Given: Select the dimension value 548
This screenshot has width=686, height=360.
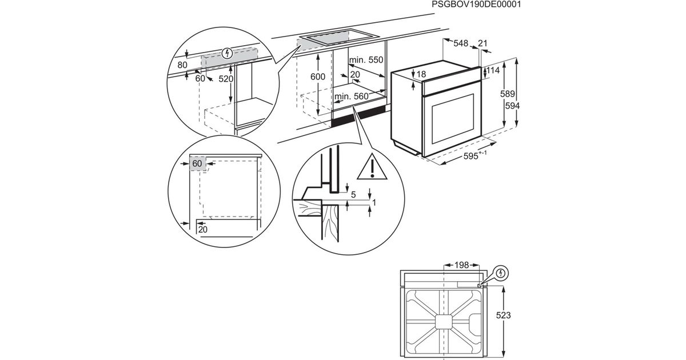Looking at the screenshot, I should (461, 43).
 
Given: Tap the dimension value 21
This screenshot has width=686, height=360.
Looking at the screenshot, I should (483, 43).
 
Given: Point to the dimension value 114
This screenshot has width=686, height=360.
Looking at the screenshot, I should (493, 70).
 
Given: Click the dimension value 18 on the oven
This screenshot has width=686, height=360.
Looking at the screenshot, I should (421, 74).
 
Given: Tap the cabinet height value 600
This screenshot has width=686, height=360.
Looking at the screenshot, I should (318, 77).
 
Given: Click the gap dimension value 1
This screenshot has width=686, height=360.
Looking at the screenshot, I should (374, 202).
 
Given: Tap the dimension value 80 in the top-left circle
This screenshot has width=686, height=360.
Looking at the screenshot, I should (182, 65).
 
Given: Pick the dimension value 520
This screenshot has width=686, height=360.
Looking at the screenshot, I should (226, 79).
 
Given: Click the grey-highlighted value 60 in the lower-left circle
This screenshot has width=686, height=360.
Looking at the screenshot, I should (197, 164).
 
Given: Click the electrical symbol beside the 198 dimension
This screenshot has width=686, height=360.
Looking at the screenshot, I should (501, 274).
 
